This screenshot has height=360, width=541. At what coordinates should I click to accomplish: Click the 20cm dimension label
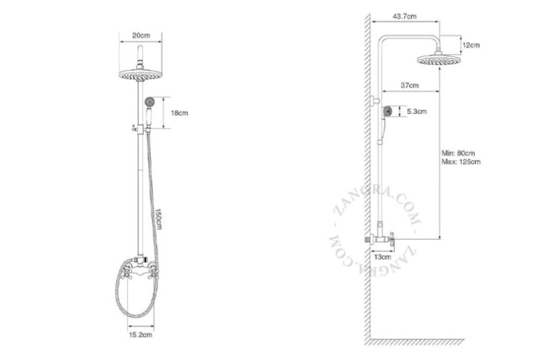point(141,35)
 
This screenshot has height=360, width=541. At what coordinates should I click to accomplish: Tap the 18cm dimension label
point(180,113)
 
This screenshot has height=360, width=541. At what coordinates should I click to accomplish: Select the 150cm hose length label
point(158,219)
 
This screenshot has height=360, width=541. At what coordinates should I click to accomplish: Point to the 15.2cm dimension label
point(141,335)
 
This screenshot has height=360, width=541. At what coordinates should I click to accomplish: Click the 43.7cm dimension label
point(405,16)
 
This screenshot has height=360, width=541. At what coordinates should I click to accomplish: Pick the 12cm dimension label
point(471,45)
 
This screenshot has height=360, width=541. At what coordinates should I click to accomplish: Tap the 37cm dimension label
point(410,85)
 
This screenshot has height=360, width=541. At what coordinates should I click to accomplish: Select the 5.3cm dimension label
point(417,112)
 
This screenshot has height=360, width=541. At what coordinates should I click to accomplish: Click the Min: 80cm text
point(458,153)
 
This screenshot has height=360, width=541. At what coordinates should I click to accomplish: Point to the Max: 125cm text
point(461,162)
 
